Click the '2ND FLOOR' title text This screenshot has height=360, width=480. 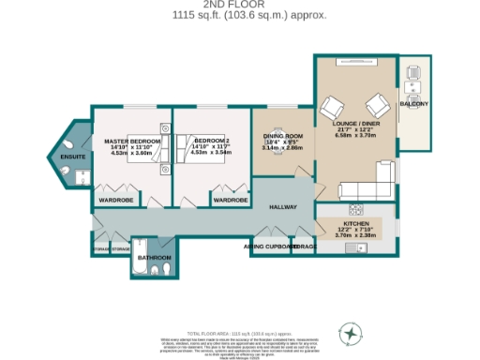(x=239, y=5)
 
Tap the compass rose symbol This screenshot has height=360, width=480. (x=350, y=332)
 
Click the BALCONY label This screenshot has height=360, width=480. (x=413, y=103)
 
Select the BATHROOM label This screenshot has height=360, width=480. (x=154, y=257)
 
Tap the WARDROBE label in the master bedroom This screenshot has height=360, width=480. (x=117, y=200)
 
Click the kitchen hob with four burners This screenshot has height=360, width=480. (x=356, y=209)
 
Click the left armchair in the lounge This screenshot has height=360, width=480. (x=333, y=105)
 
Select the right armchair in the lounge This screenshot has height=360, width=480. (x=377, y=103)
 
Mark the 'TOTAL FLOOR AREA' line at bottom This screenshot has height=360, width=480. (x=239, y=333)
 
